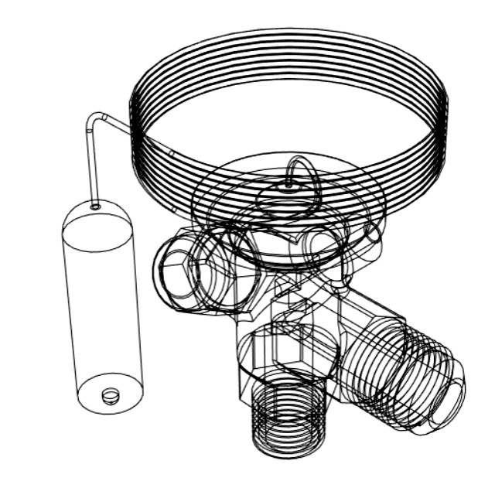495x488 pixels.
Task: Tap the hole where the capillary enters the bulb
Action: [95, 206]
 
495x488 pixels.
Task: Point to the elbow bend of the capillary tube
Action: [94, 118]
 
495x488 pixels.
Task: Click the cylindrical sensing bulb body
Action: [102, 309]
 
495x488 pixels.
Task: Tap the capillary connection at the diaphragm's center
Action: [288, 186]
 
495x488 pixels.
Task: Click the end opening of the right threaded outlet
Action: [444, 391]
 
